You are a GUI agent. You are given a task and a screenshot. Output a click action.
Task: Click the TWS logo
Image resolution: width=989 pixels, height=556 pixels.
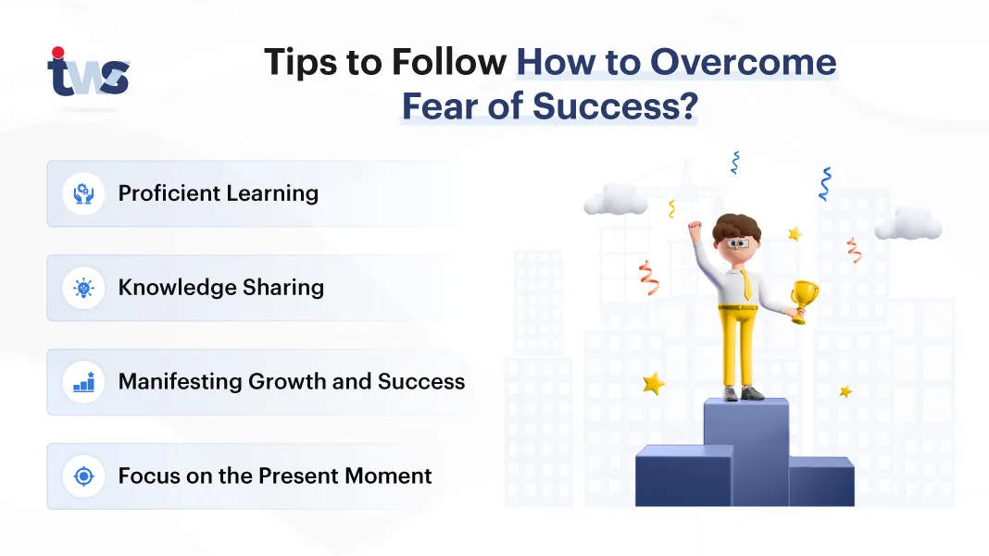tap(88, 72)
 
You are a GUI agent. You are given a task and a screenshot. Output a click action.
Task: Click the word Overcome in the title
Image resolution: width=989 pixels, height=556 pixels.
tap(743, 62)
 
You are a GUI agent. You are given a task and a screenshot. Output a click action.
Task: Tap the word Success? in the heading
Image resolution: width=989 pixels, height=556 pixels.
tap(616, 105)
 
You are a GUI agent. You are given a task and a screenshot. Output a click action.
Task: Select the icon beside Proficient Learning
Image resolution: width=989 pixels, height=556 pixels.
tap(83, 193)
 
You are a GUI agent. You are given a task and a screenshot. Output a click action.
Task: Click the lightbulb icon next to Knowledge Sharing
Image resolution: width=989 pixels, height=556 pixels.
tap(83, 288)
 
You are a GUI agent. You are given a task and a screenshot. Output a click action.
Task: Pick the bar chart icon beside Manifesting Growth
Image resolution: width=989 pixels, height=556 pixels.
tap(83, 382)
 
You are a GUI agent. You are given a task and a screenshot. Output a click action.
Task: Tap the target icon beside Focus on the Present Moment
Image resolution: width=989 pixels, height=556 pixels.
tap(83, 476)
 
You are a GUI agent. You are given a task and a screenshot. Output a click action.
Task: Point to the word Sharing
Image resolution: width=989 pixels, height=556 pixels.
tap(283, 288)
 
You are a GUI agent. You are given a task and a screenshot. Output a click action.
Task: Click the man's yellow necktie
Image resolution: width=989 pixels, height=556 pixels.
tap(746, 284)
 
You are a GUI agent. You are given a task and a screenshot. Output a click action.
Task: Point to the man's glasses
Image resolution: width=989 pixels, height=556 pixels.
tap(737, 243)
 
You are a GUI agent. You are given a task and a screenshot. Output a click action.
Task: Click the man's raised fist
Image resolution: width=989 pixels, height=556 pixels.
tap(695, 227)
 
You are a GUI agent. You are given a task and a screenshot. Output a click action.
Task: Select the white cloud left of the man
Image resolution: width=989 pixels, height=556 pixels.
tap(616, 199)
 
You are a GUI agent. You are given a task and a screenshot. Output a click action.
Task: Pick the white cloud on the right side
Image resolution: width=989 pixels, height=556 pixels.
tap(908, 224)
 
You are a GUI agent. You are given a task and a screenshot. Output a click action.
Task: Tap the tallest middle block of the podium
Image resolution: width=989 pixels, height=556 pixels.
tap(746, 451)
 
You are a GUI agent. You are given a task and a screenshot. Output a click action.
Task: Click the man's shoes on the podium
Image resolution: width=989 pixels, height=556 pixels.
tap(744, 393)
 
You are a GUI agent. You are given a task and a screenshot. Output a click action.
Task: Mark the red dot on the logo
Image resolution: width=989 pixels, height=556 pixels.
tap(58, 53)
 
